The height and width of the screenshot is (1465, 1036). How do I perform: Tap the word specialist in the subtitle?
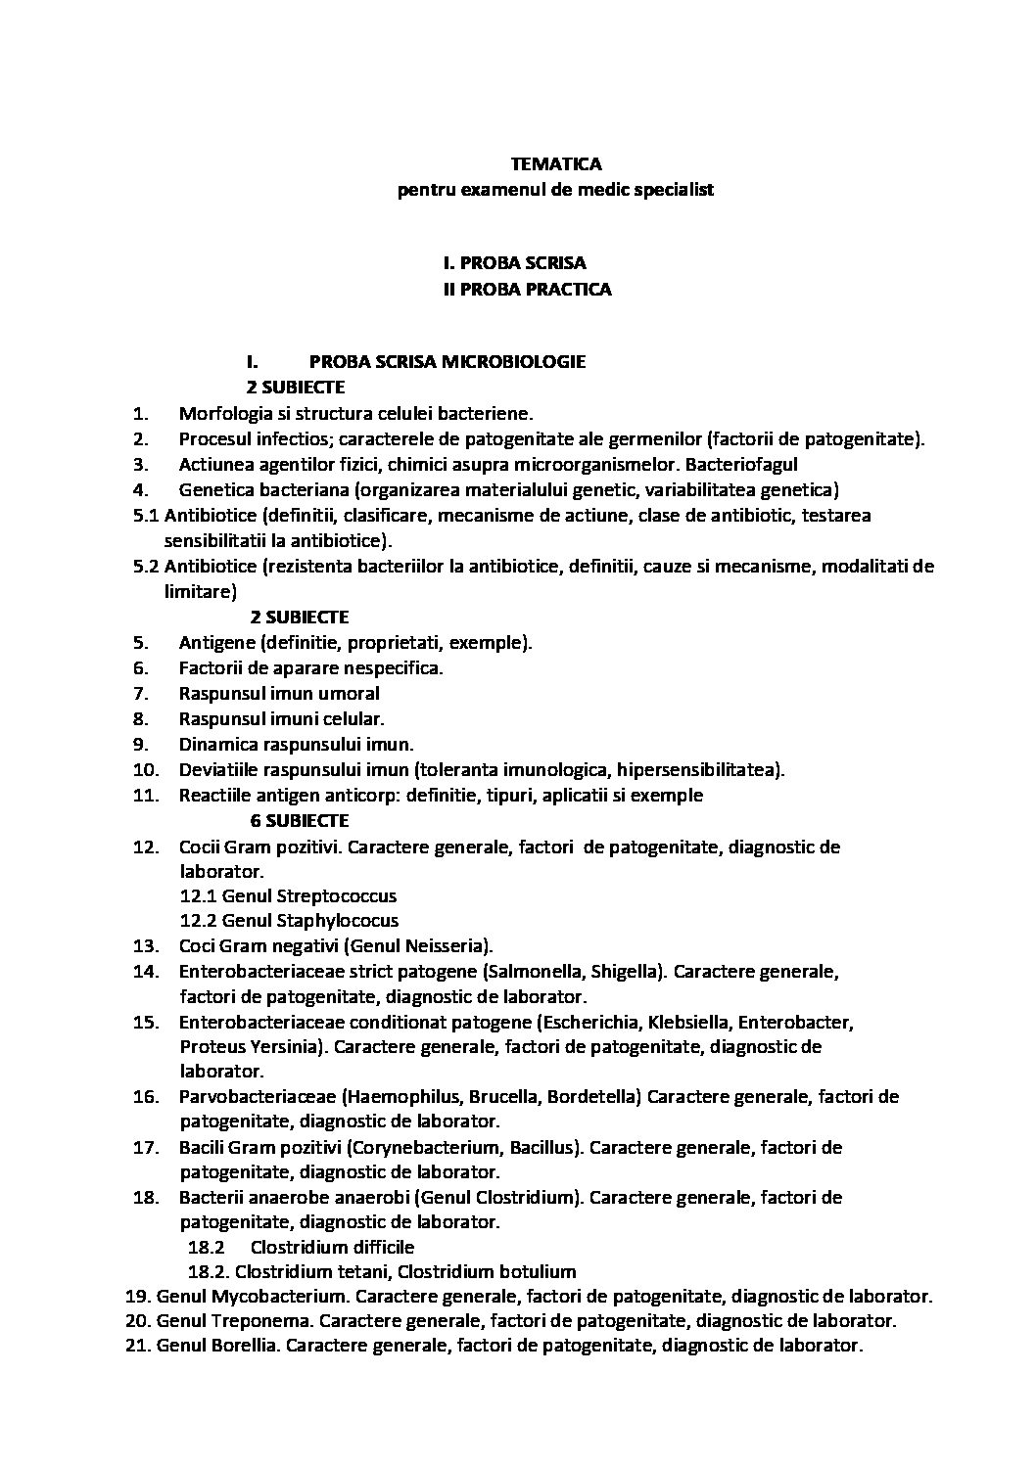pos(673,190)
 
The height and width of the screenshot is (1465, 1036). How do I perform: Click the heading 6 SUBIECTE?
pos(299,820)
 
